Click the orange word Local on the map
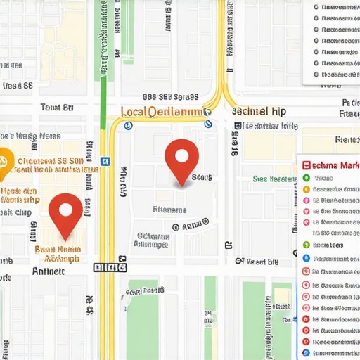tap(134, 112)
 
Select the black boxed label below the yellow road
tap(110, 267)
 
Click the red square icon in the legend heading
tap(306, 165)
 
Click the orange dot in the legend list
tap(306, 188)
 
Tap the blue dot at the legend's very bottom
tap(306, 352)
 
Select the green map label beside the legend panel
tap(274, 179)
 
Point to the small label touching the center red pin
tap(201, 178)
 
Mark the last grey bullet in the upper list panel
tap(314, 74)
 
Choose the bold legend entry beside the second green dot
tap(328, 245)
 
